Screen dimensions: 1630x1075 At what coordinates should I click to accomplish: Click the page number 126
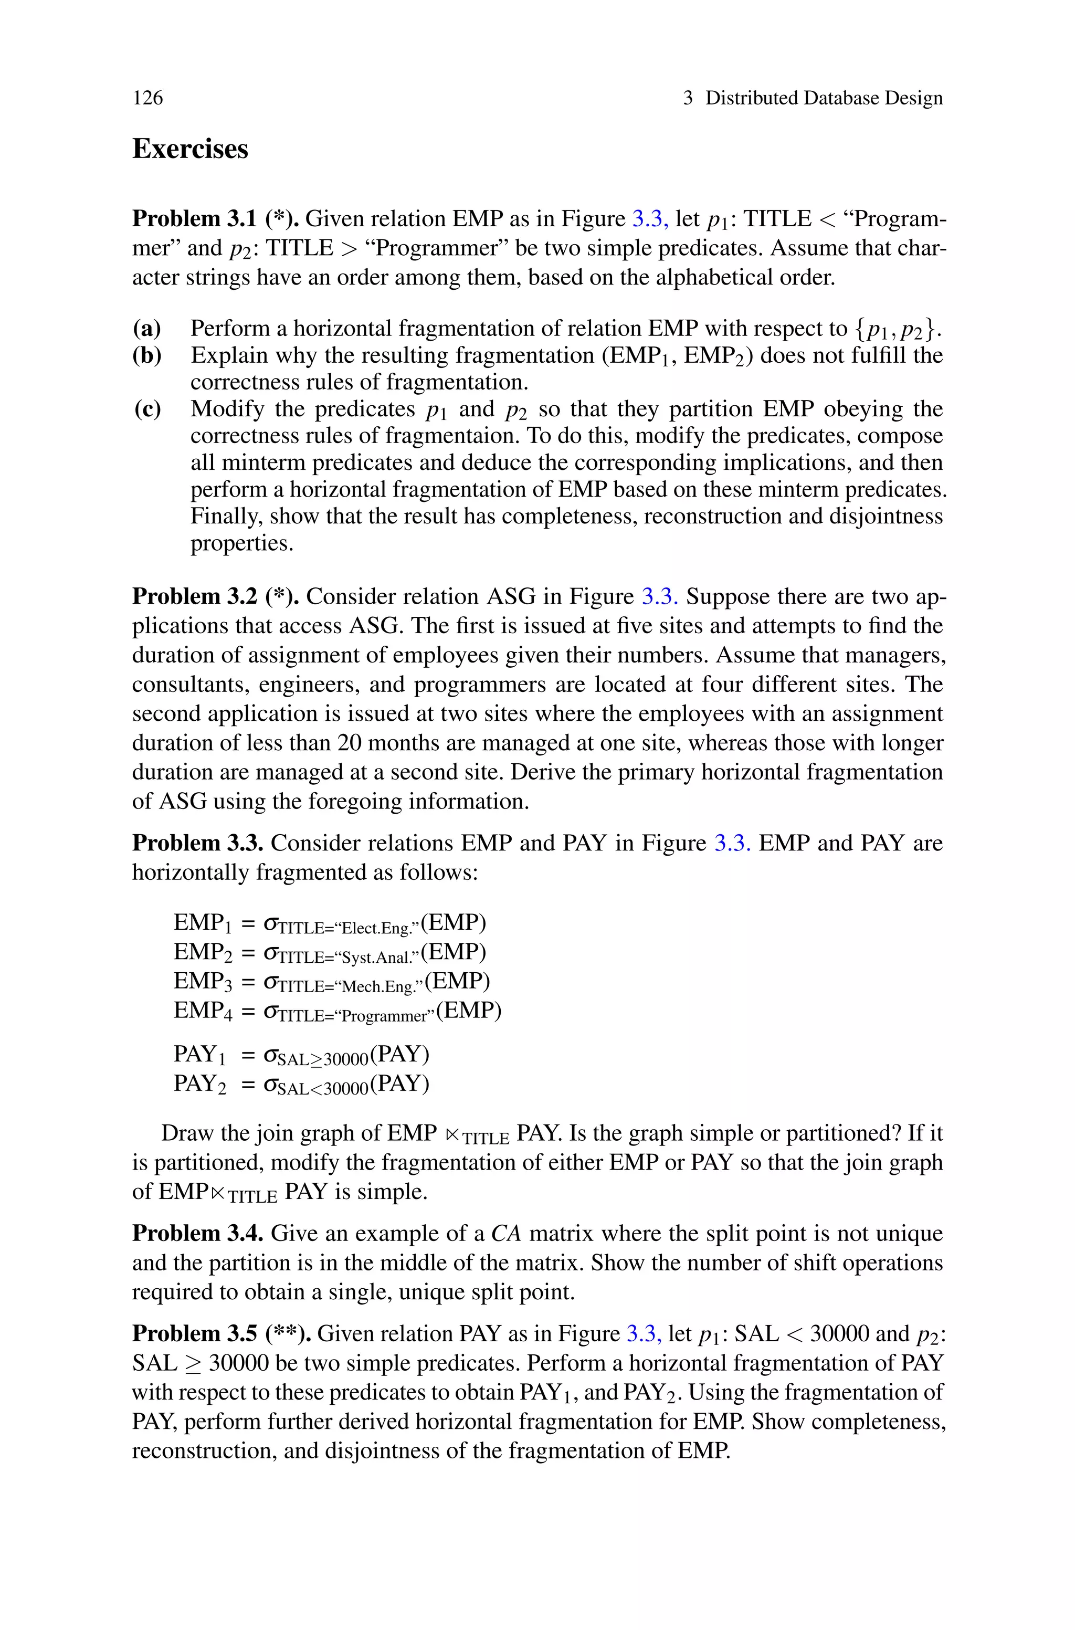coord(148,98)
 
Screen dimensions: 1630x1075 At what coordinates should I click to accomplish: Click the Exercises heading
coord(190,149)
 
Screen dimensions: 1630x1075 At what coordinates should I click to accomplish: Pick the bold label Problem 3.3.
coord(197,843)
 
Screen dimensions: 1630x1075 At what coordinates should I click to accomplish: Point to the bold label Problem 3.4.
coord(197,1233)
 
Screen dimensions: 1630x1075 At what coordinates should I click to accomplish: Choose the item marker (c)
coord(147,409)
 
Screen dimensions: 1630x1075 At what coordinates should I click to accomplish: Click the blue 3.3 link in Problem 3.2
coord(659,596)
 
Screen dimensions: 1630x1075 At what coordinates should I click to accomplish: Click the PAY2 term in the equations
coord(199,1084)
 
